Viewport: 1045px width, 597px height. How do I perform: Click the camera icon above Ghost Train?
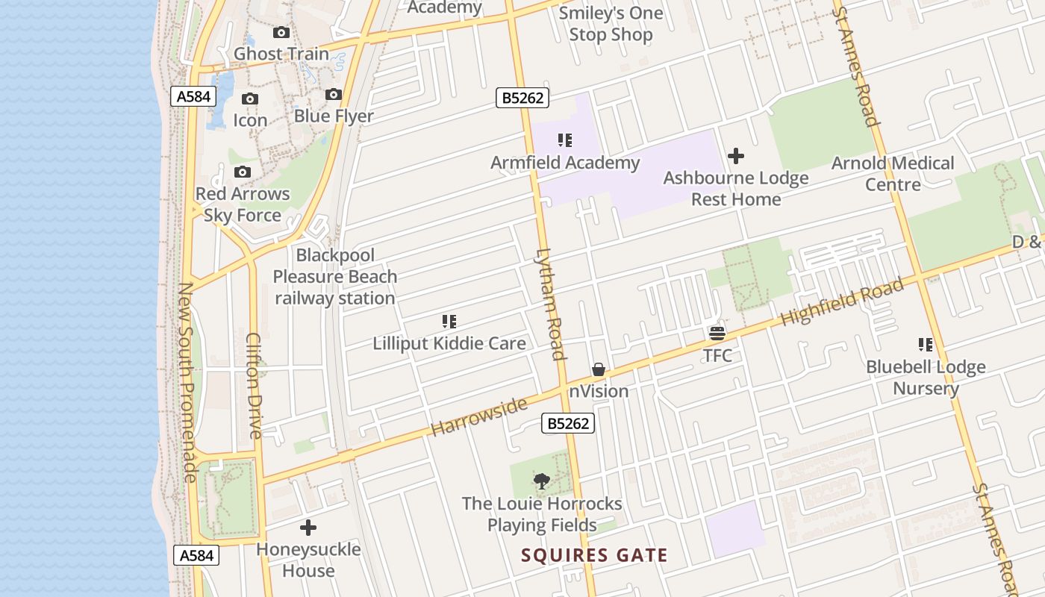tap(281, 32)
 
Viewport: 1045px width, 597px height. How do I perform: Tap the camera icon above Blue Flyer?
tap(334, 95)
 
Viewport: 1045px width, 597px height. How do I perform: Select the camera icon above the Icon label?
tap(250, 99)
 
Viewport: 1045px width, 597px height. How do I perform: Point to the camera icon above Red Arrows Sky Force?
tap(242, 172)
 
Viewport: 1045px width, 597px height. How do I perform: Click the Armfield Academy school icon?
tap(565, 140)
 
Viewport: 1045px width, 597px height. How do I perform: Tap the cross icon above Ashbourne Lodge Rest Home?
tap(736, 156)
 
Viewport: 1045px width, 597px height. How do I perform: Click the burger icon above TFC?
tap(717, 333)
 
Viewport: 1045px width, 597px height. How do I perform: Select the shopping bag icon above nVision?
tap(599, 369)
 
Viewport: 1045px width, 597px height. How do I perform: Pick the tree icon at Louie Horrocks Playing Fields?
tap(542, 481)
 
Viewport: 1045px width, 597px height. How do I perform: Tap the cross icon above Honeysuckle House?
tap(308, 528)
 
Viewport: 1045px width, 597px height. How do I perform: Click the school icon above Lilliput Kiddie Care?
tap(449, 322)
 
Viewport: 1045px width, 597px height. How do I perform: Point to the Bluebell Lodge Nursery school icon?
tap(926, 345)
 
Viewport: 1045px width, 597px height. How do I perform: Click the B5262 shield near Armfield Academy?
tap(522, 98)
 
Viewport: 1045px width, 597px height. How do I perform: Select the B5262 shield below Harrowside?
tap(568, 424)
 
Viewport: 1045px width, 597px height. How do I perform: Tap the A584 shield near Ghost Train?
tap(193, 96)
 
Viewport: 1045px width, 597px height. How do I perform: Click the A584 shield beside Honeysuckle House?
tap(197, 555)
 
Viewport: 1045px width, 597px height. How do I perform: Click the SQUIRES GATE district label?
tap(594, 555)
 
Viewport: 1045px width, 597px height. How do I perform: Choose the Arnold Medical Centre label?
tap(893, 173)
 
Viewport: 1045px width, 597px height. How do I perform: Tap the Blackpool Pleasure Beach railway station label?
tap(335, 277)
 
